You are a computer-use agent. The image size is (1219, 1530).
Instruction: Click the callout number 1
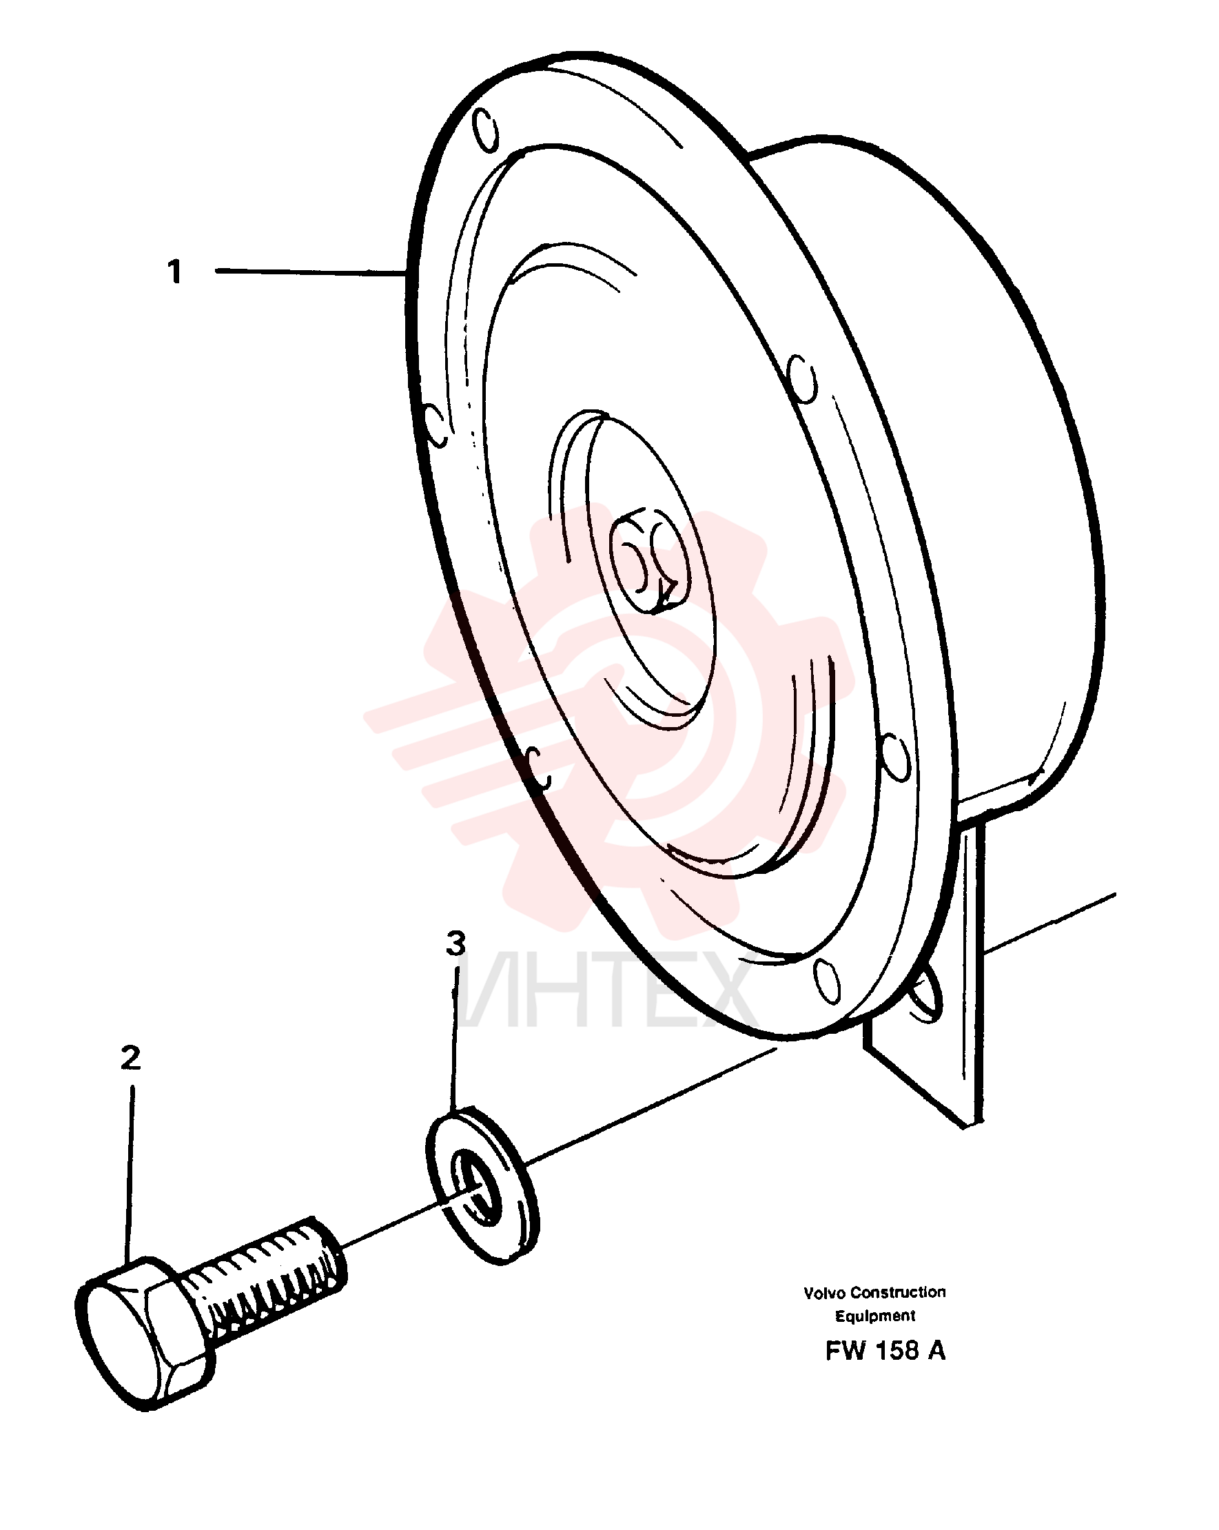click(x=174, y=272)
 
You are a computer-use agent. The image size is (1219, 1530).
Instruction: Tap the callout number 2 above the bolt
click(x=130, y=1058)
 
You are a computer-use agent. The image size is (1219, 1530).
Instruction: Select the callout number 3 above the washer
click(x=455, y=943)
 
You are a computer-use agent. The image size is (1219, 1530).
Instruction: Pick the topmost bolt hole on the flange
click(x=485, y=129)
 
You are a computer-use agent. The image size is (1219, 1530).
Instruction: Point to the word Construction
click(x=899, y=1292)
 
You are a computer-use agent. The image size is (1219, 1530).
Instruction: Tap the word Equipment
click(x=875, y=1316)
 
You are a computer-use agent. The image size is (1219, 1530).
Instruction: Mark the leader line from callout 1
click(x=310, y=271)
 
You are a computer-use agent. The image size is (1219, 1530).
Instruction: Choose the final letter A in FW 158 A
click(x=936, y=1350)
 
